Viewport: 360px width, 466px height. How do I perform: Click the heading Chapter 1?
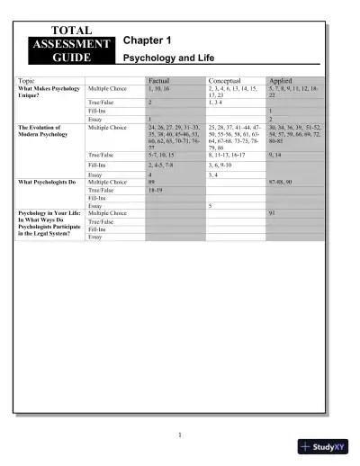click(147, 41)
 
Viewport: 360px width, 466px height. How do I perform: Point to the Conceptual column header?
click(225, 81)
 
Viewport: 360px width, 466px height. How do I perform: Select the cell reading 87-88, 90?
click(283, 182)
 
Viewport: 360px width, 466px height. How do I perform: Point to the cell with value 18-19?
click(158, 190)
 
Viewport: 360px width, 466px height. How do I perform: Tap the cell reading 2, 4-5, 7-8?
click(163, 166)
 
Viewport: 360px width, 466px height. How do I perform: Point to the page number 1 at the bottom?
click(180, 435)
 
